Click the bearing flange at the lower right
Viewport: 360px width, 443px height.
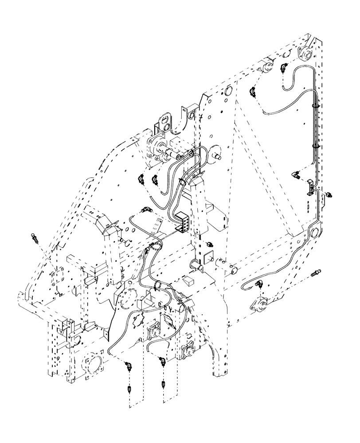coord(259,304)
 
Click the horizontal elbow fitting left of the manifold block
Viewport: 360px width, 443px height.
coord(146,209)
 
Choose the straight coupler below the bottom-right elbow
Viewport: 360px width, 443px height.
coord(164,384)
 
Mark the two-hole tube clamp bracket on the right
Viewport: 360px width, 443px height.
coord(310,190)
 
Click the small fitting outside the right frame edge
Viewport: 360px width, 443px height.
coord(329,194)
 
